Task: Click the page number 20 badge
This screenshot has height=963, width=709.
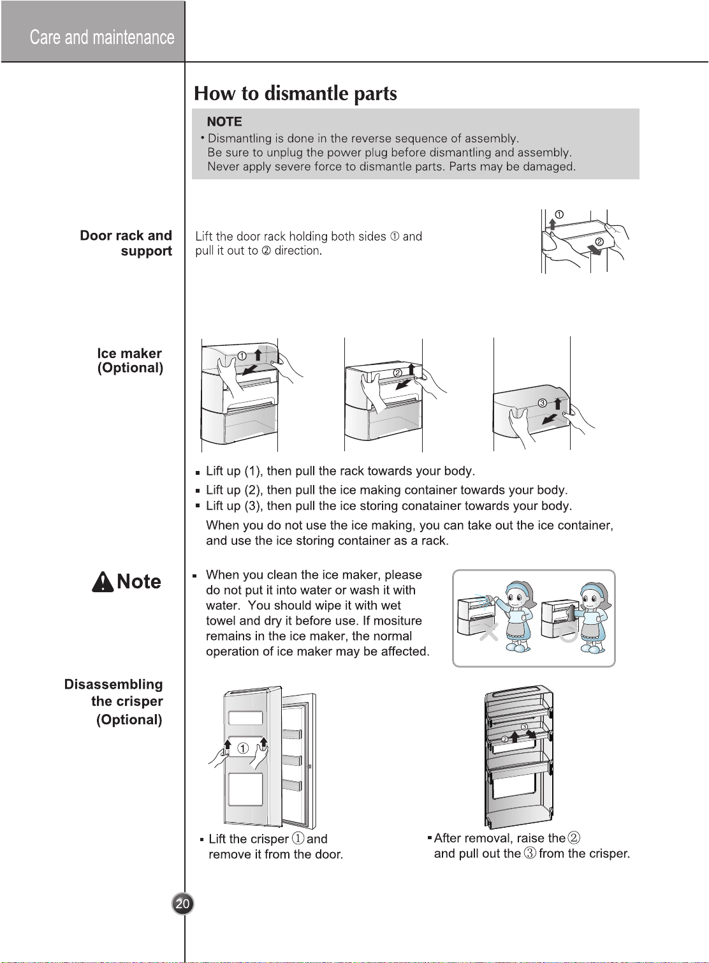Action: pyautogui.click(x=182, y=903)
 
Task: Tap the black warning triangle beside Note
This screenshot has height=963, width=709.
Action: pyautogui.click(x=103, y=582)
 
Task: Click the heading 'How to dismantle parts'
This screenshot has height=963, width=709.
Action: pyautogui.click(x=295, y=93)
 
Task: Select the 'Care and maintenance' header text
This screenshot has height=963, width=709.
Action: pyautogui.click(x=102, y=38)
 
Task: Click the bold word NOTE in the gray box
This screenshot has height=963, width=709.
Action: pyautogui.click(x=224, y=122)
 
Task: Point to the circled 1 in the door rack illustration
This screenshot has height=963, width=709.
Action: pyautogui.click(x=559, y=214)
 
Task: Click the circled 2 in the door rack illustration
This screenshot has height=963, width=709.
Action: pyautogui.click(x=599, y=242)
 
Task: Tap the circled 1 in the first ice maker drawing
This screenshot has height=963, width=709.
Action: pyautogui.click(x=242, y=356)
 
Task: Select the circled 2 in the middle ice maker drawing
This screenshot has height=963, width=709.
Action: pyautogui.click(x=398, y=373)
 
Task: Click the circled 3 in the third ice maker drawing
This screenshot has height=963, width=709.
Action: pyautogui.click(x=543, y=403)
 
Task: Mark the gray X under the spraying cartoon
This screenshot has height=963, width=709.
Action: pyautogui.click(x=488, y=632)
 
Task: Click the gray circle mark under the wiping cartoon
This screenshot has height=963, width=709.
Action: pyautogui.click(x=569, y=632)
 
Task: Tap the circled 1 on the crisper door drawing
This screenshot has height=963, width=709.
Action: pyautogui.click(x=243, y=749)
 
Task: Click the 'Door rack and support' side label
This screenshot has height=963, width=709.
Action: pyautogui.click(x=126, y=243)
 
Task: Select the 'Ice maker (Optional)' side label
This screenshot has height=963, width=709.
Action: pyautogui.click(x=130, y=361)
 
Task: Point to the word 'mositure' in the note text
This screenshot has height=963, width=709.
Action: pyautogui.click(x=397, y=621)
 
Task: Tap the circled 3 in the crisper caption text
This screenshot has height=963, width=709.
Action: pyautogui.click(x=530, y=853)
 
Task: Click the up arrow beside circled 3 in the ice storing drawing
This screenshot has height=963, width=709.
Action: pyautogui.click(x=557, y=404)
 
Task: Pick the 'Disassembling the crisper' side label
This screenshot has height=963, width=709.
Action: pyautogui.click(x=113, y=692)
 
